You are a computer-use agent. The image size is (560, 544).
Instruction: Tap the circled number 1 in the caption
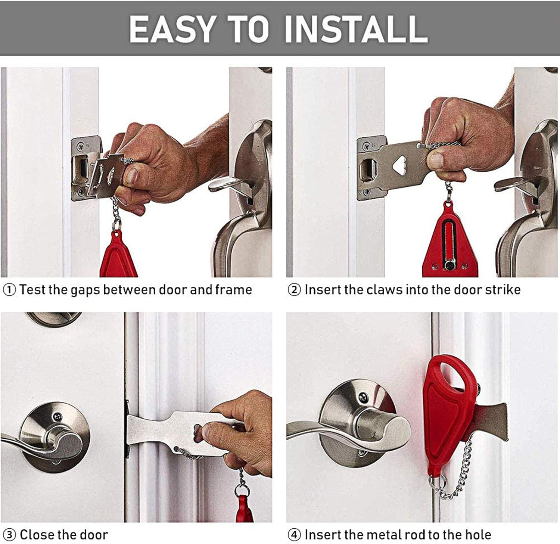(x=9, y=290)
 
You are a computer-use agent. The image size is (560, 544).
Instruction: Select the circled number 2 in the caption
(x=294, y=290)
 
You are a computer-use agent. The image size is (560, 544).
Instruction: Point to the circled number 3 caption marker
(x=9, y=535)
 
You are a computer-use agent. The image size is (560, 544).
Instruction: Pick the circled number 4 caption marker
(x=294, y=535)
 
